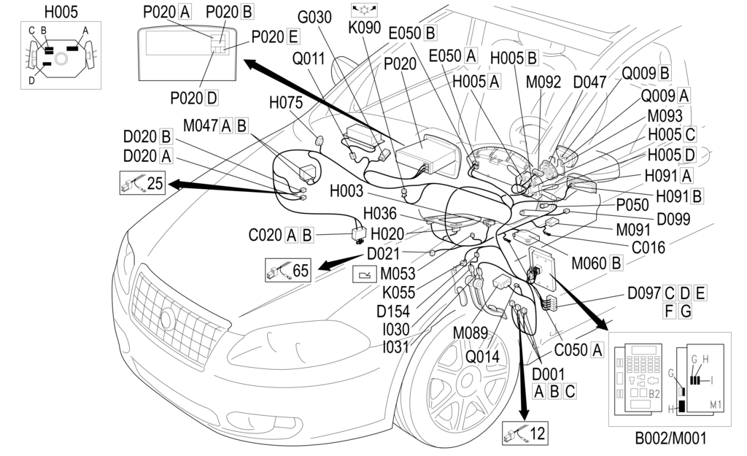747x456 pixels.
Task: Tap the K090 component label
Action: click(x=365, y=33)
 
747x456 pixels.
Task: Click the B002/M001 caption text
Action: click(x=670, y=439)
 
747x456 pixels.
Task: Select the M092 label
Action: click(x=543, y=82)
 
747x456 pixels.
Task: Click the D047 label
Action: click(x=589, y=82)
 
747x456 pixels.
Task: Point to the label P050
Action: click(x=633, y=205)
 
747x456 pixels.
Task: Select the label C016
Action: click(x=648, y=247)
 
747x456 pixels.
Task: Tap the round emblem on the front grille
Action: click(x=167, y=319)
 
